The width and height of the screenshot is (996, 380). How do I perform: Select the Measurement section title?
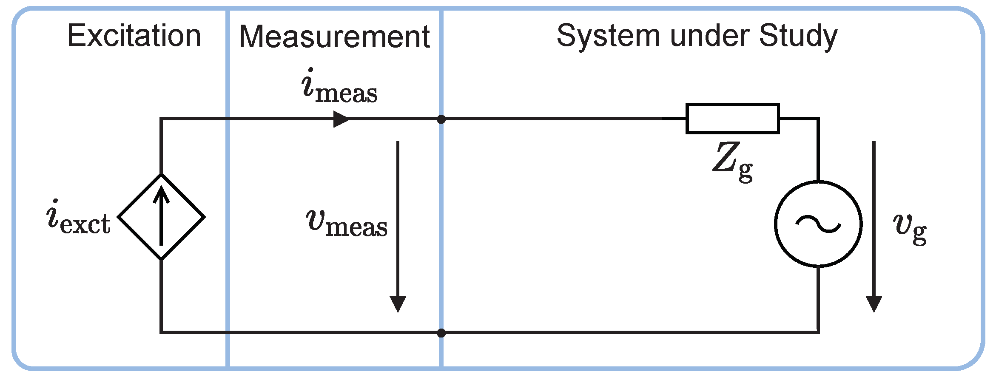tap(334, 37)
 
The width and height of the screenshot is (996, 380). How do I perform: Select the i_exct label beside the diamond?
tap(78, 218)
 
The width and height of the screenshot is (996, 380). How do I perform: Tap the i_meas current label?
tap(339, 87)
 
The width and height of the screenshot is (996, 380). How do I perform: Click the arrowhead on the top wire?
tap(341, 119)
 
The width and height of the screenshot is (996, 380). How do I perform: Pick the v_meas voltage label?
tap(347, 223)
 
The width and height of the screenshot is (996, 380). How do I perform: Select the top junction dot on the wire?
tap(441, 119)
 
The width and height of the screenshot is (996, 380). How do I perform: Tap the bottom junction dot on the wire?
tap(441, 333)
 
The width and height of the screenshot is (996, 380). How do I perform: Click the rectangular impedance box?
tap(732, 119)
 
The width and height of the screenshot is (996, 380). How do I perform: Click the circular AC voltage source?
tap(818, 224)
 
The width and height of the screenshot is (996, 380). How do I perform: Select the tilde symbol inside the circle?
tap(818, 224)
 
